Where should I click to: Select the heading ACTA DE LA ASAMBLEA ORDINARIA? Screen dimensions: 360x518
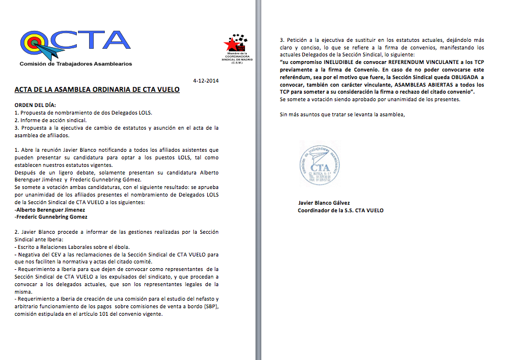(x=97, y=90)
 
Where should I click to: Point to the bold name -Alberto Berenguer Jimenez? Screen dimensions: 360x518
(x=50, y=209)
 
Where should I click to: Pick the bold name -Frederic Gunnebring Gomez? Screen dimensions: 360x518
(x=51, y=216)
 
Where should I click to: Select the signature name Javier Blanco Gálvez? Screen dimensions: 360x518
(x=328, y=203)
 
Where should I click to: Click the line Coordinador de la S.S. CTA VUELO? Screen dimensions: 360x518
(x=340, y=210)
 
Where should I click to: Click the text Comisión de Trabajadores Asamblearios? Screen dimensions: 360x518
(x=76, y=63)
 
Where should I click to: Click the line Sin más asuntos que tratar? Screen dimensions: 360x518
(x=342, y=114)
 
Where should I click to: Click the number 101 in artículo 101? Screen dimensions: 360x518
(x=102, y=314)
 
